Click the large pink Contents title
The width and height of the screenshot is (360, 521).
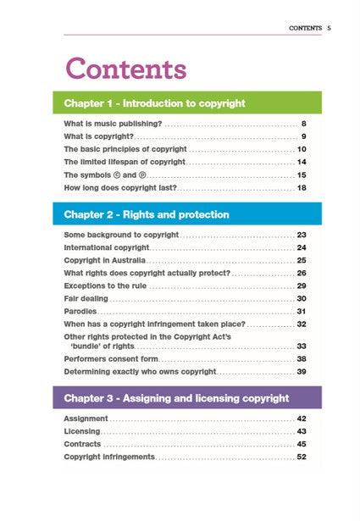[125, 68]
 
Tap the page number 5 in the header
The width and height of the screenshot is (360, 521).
[329, 28]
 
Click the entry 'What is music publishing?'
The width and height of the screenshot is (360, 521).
[113, 124]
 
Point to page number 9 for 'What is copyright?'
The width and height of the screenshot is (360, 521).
[302, 136]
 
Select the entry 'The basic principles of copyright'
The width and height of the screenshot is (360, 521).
[125, 149]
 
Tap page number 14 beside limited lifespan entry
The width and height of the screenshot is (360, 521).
[301, 162]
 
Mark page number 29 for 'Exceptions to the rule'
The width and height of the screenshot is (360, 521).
[301, 285]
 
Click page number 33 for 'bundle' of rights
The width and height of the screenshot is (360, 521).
[301, 346]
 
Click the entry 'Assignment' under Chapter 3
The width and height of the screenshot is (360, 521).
[86, 418]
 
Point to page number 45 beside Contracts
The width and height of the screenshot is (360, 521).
[301, 444]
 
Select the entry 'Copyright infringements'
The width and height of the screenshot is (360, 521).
[109, 457]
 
